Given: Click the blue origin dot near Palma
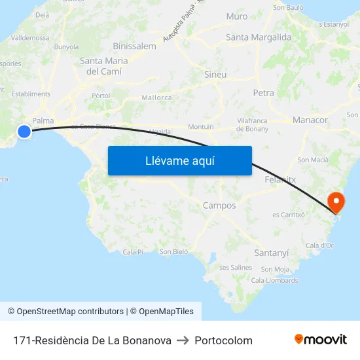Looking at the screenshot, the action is coord(24,132).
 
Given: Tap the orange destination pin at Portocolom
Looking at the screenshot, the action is coord(336,201).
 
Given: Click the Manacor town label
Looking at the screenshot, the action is coord(310,120).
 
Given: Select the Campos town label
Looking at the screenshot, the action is coord(219,206).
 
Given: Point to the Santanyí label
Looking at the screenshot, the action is coord(270,252).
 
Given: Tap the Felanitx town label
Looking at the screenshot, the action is coord(282,179).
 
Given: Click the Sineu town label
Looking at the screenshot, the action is coord(215,75).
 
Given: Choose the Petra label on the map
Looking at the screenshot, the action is coord(264,93).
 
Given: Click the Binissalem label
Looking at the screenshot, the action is coord(134,46).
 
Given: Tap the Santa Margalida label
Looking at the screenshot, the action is coord(259,37).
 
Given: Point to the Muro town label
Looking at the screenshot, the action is coord(237,16).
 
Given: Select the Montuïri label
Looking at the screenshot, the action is coord(200,126).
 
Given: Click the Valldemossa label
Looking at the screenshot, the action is coord(30,38).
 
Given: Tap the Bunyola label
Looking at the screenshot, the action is coord(66,47).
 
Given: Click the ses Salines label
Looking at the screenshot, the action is coord(236,267).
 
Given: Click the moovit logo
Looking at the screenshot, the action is coord(321,340).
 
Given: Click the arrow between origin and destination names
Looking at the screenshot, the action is coord(183,340).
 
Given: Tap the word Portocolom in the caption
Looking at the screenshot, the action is coord(223,340).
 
